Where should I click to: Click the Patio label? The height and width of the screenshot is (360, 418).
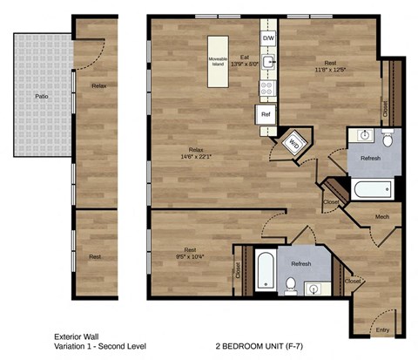click(x=41, y=97)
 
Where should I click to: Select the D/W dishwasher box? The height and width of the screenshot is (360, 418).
click(x=268, y=39)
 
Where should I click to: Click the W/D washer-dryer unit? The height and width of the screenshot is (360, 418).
click(x=293, y=143)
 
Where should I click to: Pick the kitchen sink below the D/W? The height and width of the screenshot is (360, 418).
click(x=269, y=63)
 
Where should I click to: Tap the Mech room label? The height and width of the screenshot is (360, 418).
click(x=382, y=216)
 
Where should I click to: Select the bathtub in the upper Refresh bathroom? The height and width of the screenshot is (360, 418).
click(x=373, y=187)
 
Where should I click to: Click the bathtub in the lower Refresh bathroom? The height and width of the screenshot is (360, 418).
click(x=266, y=268)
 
